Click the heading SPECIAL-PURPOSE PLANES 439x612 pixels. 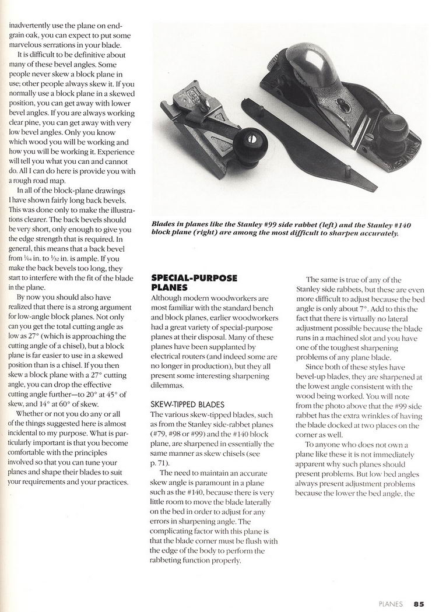(x=194, y=282)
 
